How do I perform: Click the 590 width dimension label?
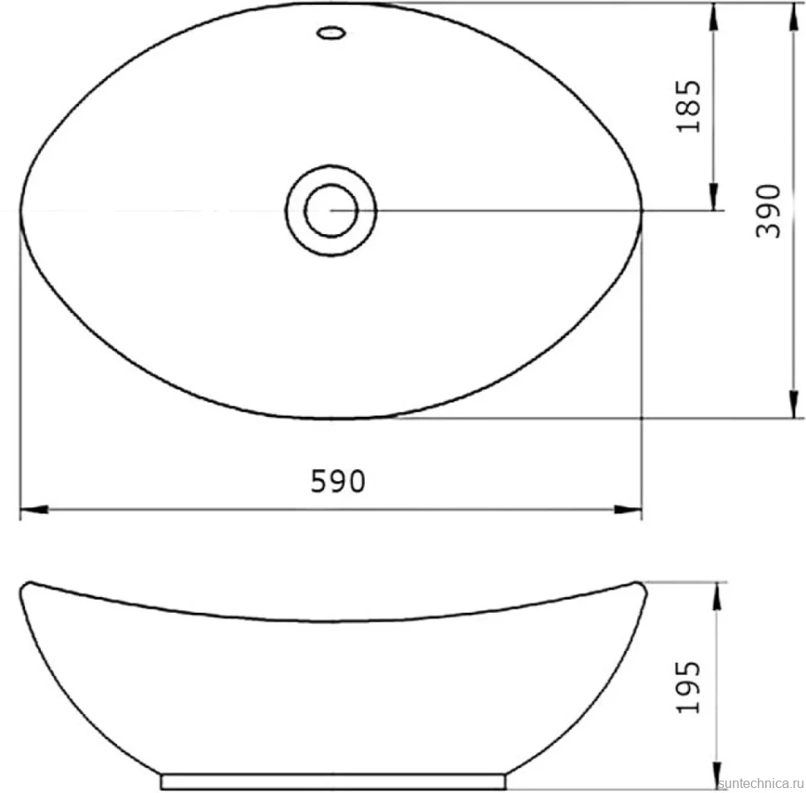click(x=337, y=482)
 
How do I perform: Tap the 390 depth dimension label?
click(x=769, y=211)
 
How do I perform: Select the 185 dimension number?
click(x=688, y=106)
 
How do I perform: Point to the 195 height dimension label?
click(x=688, y=687)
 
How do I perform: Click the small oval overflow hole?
click(x=331, y=33)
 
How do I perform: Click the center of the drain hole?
click(x=331, y=211)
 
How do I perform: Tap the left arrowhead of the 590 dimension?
click(x=34, y=510)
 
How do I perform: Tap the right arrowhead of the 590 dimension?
click(x=627, y=510)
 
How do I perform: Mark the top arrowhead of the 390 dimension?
click(x=794, y=17)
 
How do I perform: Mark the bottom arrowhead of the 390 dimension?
click(x=794, y=404)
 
